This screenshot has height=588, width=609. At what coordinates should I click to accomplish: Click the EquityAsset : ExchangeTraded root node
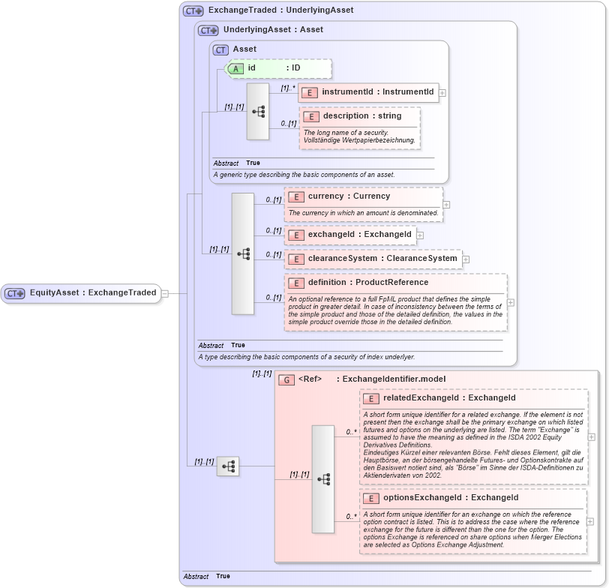pos(81,293)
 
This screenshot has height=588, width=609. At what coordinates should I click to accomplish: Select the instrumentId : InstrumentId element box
pos(368,92)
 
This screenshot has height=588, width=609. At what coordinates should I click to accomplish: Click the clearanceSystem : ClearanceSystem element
pos(373,259)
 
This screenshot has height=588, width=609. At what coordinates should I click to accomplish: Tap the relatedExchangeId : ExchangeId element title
pos(448,397)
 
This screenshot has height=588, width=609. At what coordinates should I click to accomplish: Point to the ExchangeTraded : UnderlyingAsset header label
pos(280,10)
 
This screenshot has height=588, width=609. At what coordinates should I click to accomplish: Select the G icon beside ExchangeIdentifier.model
pos(286,379)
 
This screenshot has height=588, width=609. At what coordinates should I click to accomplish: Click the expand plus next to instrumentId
pos(442,93)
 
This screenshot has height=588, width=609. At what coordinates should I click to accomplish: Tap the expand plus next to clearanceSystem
pos(465,259)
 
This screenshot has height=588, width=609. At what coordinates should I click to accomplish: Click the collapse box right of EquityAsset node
pos(164,294)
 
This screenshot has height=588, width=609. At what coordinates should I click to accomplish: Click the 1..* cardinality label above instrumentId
pos(288,88)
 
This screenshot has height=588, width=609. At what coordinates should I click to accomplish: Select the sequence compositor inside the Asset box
pos(258,112)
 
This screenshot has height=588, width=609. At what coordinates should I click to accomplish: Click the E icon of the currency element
pos(296,196)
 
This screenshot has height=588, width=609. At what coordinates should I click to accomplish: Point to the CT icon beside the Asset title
pos(220,49)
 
